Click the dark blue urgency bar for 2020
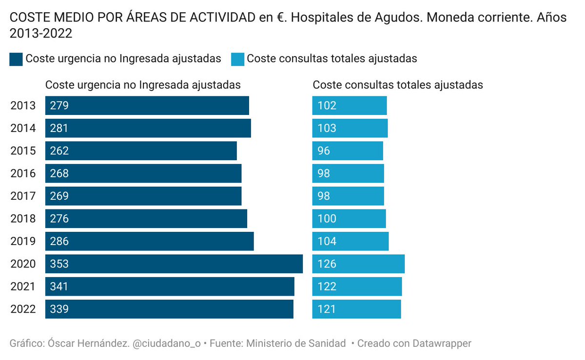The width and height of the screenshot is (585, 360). click(174, 264)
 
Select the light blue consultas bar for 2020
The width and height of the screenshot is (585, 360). click(358, 264)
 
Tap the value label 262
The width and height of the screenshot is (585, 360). click(59, 151)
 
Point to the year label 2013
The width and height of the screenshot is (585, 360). click(23, 106)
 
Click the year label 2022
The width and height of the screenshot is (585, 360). click(23, 309)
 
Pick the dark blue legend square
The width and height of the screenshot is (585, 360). click(16, 59)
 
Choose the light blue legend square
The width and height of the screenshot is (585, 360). click(237, 59)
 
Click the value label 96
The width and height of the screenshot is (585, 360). click(324, 151)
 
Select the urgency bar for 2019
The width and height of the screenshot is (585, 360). click(149, 242)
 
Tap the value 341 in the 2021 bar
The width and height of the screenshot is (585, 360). click(59, 287)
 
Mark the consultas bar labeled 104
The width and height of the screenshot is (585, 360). click(350, 242)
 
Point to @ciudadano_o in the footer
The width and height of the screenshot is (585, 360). click(166, 343)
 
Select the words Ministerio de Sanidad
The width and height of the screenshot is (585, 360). click(296, 343)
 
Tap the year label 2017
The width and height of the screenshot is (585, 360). click(23, 196)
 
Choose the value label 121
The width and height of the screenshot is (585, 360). click(327, 309)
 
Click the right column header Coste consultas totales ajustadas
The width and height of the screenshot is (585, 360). click(398, 85)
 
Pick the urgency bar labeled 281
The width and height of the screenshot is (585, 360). click(148, 129)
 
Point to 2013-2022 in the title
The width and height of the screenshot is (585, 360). click(41, 34)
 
